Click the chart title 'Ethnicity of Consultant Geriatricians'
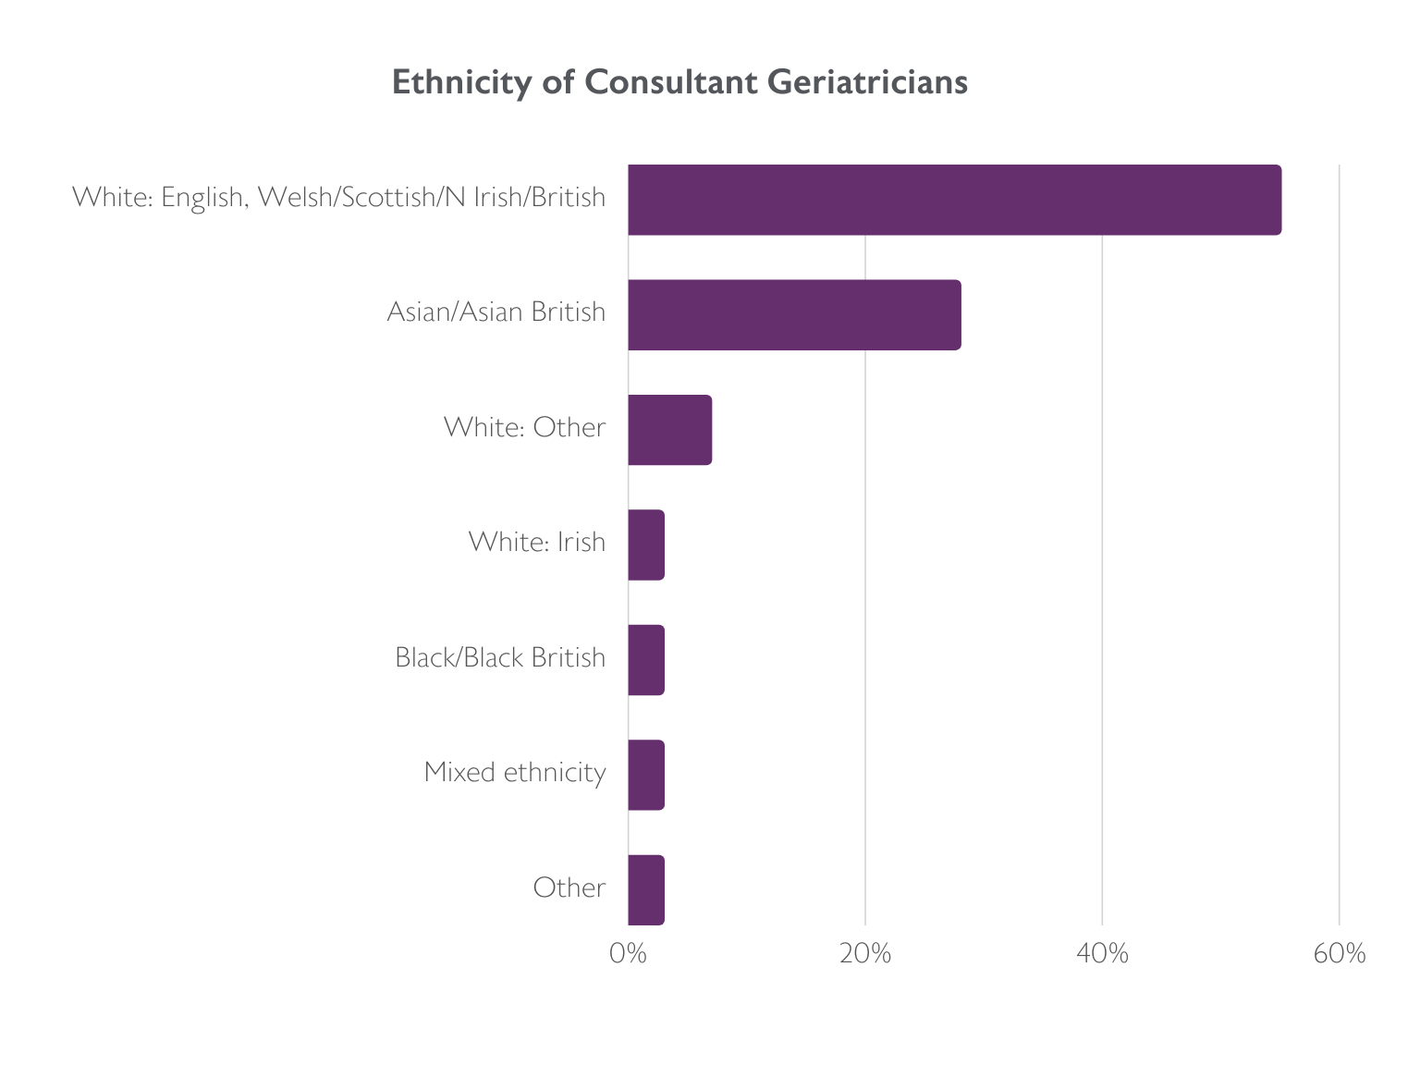(x=679, y=82)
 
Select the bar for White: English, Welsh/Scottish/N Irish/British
(x=954, y=200)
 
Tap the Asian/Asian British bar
(x=794, y=315)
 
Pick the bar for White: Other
(x=669, y=430)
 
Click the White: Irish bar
(x=646, y=545)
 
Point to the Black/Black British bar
(x=646, y=660)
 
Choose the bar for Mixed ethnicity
(x=646, y=775)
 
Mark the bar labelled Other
(x=646, y=890)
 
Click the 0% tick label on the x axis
(x=628, y=954)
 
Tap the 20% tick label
(x=865, y=954)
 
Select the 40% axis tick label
(x=1103, y=954)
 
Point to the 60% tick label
(x=1340, y=954)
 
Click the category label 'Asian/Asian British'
(x=496, y=312)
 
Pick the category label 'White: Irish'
(x=537, y=542)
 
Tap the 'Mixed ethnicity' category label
(x=515, y=772)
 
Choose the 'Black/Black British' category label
(x=500, y=657)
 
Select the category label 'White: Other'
(x=524, y=427)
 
